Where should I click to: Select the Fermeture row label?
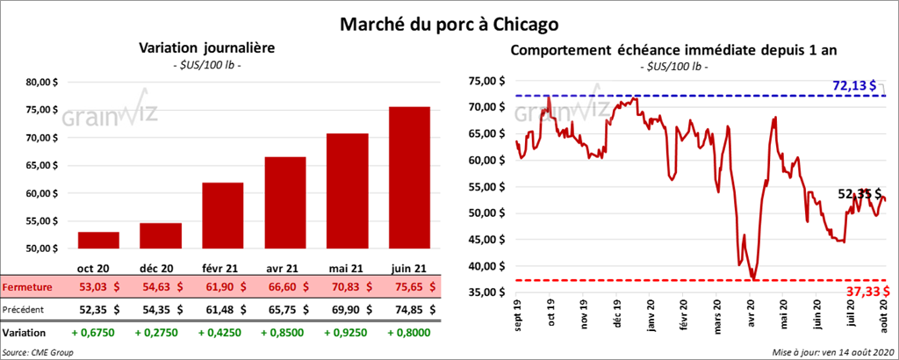28,287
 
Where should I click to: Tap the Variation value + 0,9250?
348,334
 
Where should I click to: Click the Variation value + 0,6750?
97,334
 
